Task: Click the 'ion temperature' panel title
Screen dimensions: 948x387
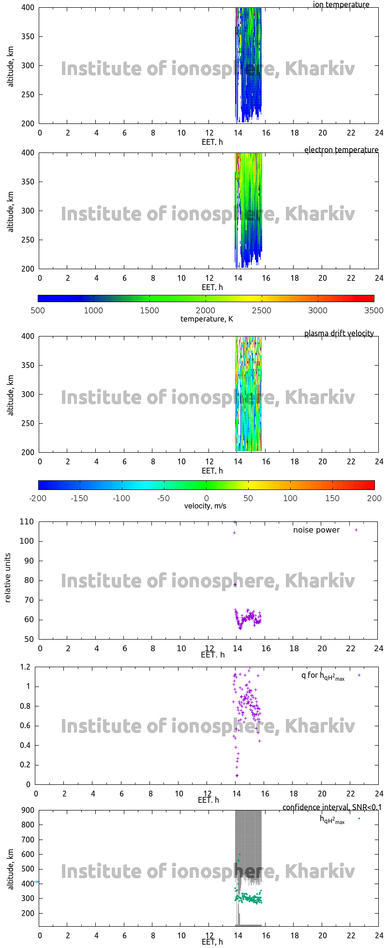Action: (x=341, y=5)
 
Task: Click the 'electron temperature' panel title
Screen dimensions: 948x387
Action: (x=341, y=150)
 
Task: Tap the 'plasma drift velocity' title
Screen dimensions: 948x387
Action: (x=339, y=334)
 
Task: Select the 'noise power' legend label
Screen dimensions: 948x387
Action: (x=316, y=530)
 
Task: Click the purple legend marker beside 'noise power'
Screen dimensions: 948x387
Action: (x=357, y=530)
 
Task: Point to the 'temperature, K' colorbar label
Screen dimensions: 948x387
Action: (x=207, y=319)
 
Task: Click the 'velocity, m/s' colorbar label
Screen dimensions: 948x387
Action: (x=205, y=506)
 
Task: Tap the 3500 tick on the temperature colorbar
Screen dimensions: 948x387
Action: (x=373, y=311)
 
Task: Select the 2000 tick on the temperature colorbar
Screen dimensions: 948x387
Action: (x=206, y=311)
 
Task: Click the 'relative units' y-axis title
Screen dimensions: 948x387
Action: (x=8, y=580)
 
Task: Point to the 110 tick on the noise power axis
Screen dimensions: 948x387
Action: (x=27, y=522)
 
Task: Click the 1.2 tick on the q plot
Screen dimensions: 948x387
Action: (x=26, y=667)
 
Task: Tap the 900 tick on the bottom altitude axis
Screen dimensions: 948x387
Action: (x=28, y=810)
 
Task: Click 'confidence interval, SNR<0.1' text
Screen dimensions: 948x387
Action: (x=332, y=808)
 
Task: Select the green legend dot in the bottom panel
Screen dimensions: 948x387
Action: (x=359, y=819)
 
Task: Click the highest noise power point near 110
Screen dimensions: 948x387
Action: (x=235, y=522)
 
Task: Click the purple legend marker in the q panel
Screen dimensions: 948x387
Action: (x=359, y=675)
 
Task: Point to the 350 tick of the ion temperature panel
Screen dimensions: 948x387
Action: (x=28, y=37)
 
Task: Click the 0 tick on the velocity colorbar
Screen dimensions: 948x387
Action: (x=206, y=499)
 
